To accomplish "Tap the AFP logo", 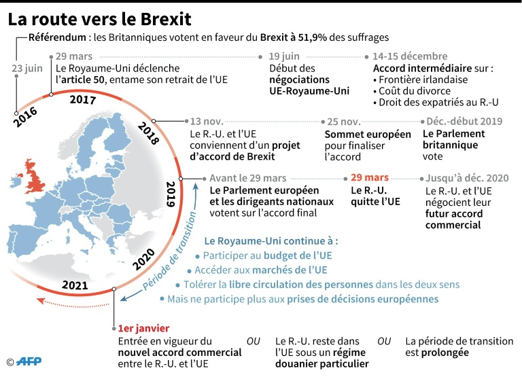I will pyautogui.click(x=29, y=362).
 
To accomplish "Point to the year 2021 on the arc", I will pyautogui.click(x=75, y=285).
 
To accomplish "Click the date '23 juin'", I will pyautogui.click(x=26, y=69).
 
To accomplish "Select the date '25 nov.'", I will pyautogui.click(x=343, y=122).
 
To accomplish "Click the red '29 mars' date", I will pyautogui.click(x=370, y=178).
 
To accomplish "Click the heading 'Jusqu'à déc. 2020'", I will pyautogui.click(x=467, y=178).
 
